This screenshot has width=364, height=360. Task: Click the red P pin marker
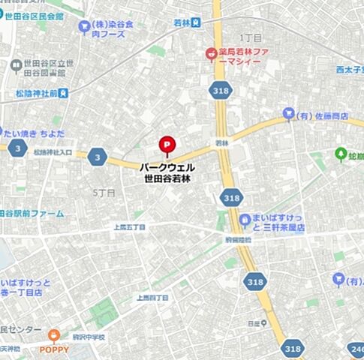(165, 144)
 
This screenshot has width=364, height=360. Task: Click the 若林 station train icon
(197, 22)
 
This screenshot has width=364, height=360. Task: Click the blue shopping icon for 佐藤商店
(287, 114)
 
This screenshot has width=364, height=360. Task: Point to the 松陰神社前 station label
(30, 94)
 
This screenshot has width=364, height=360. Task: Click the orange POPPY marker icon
(54, 337)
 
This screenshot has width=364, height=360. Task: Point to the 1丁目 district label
(250, 37)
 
